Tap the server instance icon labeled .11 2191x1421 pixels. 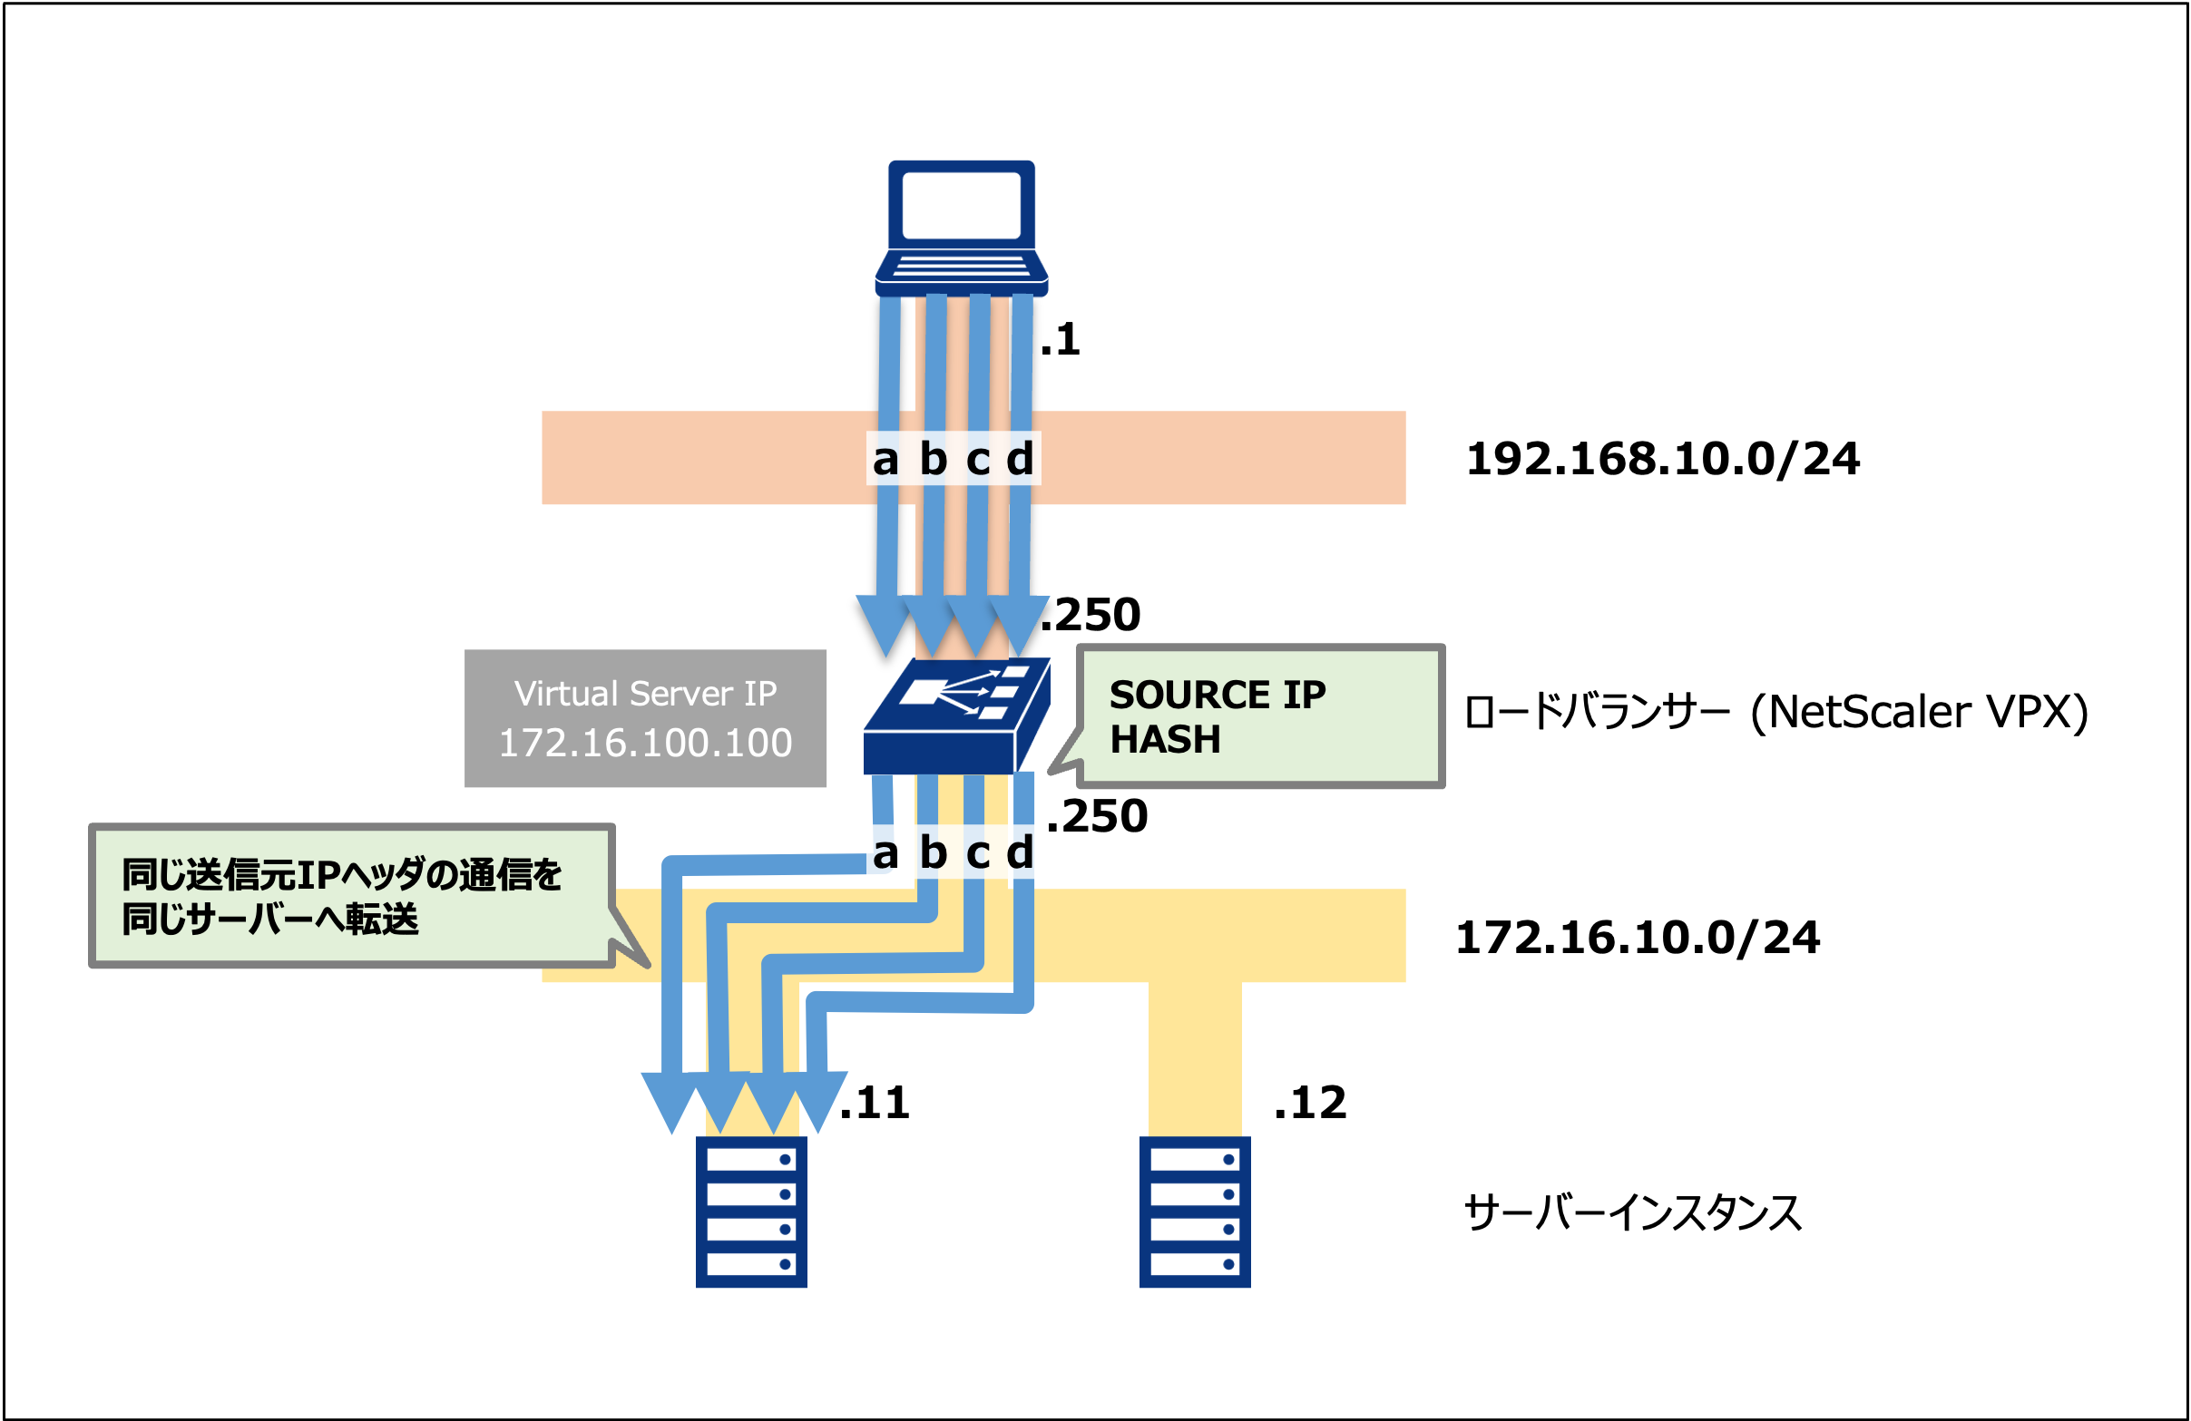(x=751, y=1212)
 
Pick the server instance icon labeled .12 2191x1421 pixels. (x=1194, y=1212)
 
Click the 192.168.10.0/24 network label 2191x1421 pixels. (x=1663, y=459)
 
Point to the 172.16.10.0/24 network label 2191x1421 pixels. (x=1638, y=938)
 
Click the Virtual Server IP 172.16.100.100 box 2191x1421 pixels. (x=644, y=719)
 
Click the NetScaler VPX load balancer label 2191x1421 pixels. (x=1775, y=713)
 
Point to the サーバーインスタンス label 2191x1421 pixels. (x=1632, y=1213)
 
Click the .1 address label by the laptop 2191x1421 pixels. (x=1061, y=341)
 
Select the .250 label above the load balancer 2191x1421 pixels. (x=1091, y=615)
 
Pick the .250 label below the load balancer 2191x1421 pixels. (x=1098, y=816)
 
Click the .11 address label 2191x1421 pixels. (x=875, y=1103)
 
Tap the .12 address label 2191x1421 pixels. (x=1310, y=1103)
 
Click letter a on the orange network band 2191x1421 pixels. (x=885, y=459)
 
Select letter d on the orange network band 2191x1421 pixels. (x=1020, y=459)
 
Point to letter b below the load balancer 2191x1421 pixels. (x=933, y=853)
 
